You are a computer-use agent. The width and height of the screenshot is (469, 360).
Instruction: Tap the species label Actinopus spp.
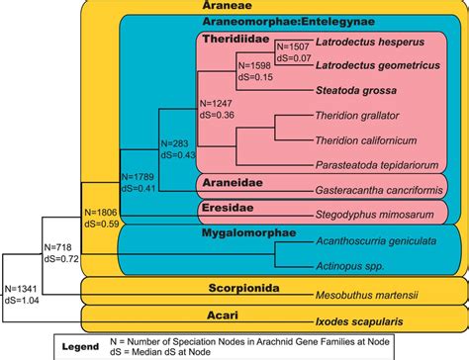[344, 262]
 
